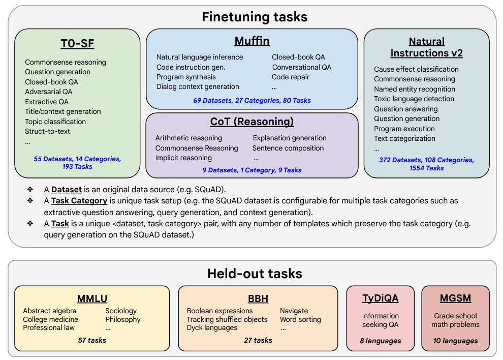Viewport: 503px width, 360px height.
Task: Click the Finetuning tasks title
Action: [x=255, y=17]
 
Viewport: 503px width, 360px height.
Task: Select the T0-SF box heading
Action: [x=77, y=43]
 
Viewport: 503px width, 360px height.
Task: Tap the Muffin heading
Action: [x=252, y=41]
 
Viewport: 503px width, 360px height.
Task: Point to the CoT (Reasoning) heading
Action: [x=252, y=122]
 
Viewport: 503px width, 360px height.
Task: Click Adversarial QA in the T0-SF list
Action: [x=49, y=92]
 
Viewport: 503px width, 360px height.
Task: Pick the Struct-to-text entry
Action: [x=48, y=131]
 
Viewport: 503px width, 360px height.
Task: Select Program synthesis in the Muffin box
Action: [x=186, y=77]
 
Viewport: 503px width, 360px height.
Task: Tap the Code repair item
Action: [x=291, y=77]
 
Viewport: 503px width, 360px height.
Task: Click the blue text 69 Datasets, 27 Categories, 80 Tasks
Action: [x=252, y=100]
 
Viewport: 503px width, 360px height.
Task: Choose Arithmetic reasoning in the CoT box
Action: [x=188, y=138]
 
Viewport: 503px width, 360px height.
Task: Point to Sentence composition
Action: [x=288, y=148]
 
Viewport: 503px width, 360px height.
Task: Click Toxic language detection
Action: [x=414, y=99]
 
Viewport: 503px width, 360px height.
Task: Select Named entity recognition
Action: [x=415, y=89]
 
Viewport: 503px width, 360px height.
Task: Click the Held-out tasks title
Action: [x=255, y=274]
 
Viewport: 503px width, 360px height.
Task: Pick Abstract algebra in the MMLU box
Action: [x=50, y=311]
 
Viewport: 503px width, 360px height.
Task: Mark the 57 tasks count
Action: [x=92, y=340]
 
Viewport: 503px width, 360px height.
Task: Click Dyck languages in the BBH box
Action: [x=212, y=328]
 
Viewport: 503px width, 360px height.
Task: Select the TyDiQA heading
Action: [x=380, y=298]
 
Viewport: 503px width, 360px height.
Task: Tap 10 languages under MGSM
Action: [x=455, y=341]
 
